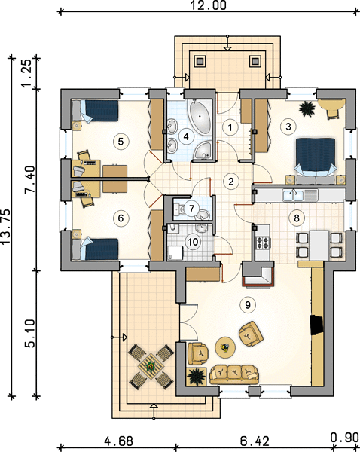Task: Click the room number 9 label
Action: click(248, 304)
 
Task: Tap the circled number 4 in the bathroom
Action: click(186, 136)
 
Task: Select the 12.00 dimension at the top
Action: click(208, 5)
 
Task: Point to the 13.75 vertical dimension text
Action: click(6, 228)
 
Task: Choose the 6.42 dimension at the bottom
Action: click(255, 441)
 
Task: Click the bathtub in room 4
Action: click(200, 117)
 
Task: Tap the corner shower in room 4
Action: click(203, 150)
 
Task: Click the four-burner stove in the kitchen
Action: click(263, 242)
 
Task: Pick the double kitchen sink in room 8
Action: click(292, 195)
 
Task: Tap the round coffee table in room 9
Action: click(225, 347)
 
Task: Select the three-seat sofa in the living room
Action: click(234, 374)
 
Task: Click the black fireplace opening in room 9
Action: click(316, 325)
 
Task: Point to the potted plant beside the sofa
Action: click(197, 376)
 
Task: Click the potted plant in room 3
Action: click(307, 109)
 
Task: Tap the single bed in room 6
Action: click(96, 249)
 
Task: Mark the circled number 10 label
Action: click(193, 242)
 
